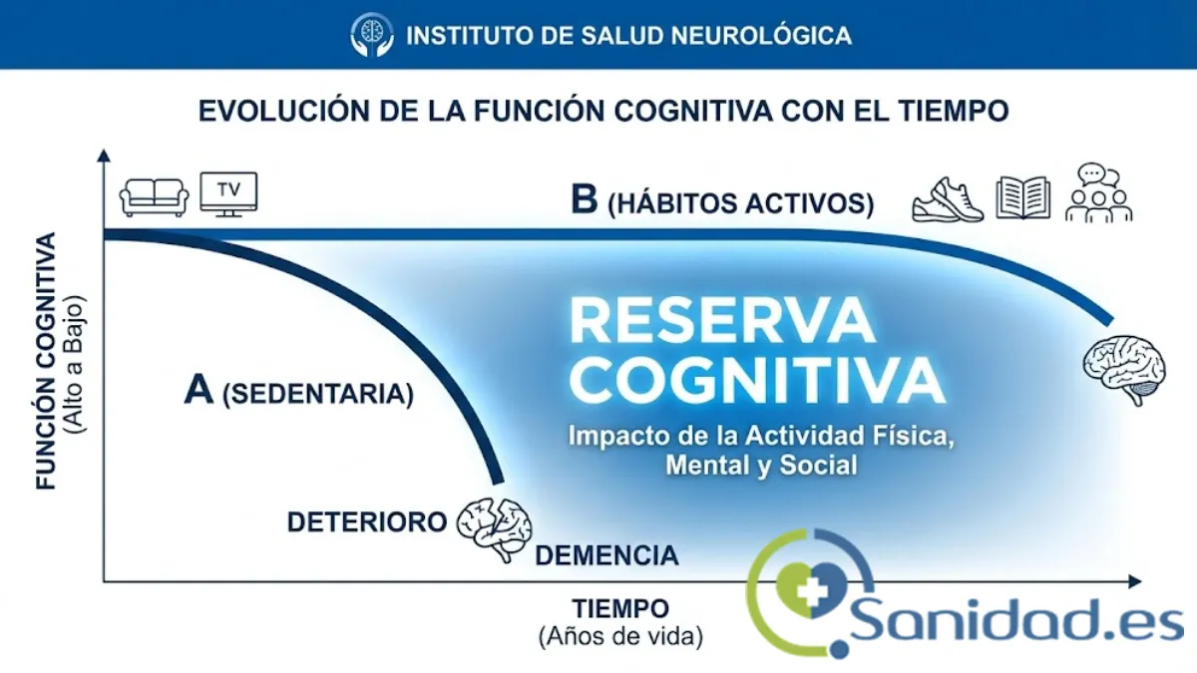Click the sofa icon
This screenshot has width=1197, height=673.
[154, 196]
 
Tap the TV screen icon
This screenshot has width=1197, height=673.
[228, 191]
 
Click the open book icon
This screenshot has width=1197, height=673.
[1022, 197]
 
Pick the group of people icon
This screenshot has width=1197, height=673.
[1098, 193]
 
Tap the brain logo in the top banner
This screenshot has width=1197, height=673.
[372, 35]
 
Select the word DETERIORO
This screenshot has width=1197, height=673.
[366, 522]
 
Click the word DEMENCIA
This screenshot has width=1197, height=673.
[606, 555]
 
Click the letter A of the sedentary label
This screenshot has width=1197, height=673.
[199, 391]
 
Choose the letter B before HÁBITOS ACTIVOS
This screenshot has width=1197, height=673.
[584, 199]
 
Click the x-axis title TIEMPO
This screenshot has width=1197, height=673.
[619, 608]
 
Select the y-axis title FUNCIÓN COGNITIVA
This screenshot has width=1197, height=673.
[47, 362]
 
